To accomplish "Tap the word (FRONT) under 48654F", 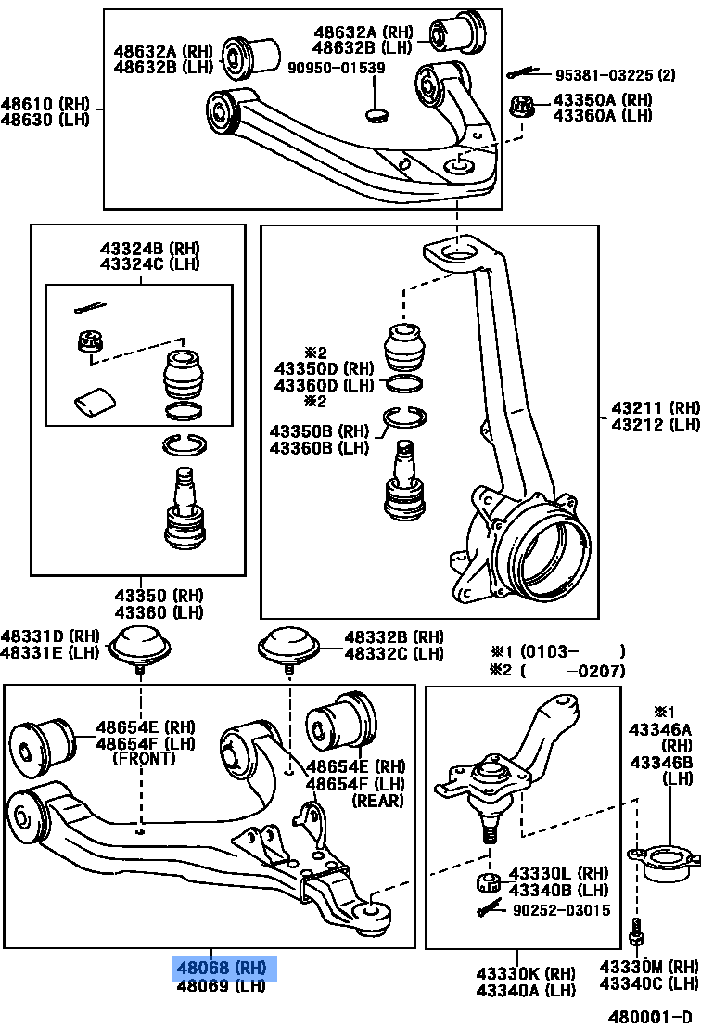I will pyautogui.click(x=143, y=759).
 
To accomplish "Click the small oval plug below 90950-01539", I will pyautogui.click(x=376, y=115).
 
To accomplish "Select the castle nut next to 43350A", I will pyautogui.click(x=524, y=107).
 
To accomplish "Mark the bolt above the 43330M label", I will pyautogui.click(x=637, y=930).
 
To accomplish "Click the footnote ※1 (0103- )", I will pyautogui.click(x=557, y=651).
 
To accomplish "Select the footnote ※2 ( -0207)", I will pyautogui.click(x=557, y=671).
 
